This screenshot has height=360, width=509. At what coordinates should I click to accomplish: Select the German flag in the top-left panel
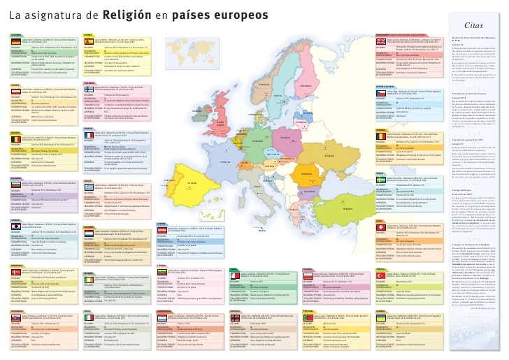15,42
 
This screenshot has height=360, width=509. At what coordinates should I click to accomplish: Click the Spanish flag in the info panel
88,42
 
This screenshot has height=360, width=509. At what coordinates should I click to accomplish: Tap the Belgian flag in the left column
15,140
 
